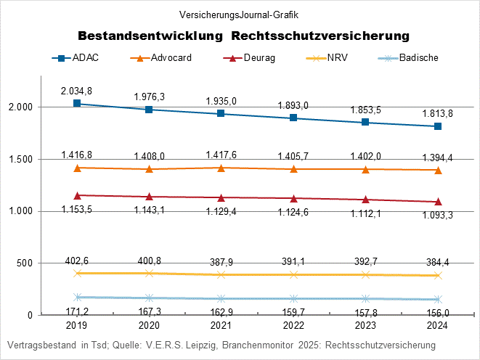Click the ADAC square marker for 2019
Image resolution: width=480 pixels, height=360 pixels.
(77, 104)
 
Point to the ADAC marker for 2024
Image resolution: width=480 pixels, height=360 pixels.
(438, 126)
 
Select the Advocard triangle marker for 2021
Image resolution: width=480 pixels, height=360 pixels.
(221, 168)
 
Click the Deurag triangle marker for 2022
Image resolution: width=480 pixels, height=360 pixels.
(293, 198)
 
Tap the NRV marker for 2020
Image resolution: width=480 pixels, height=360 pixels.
(149, 273)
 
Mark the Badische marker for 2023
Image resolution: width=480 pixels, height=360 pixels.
(365, 298)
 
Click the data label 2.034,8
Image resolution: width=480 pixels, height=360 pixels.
(76, 90)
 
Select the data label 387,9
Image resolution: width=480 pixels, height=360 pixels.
(221, 261)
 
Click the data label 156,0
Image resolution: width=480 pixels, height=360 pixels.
(437, 312)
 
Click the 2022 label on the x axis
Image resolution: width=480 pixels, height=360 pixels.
(293, 327)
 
